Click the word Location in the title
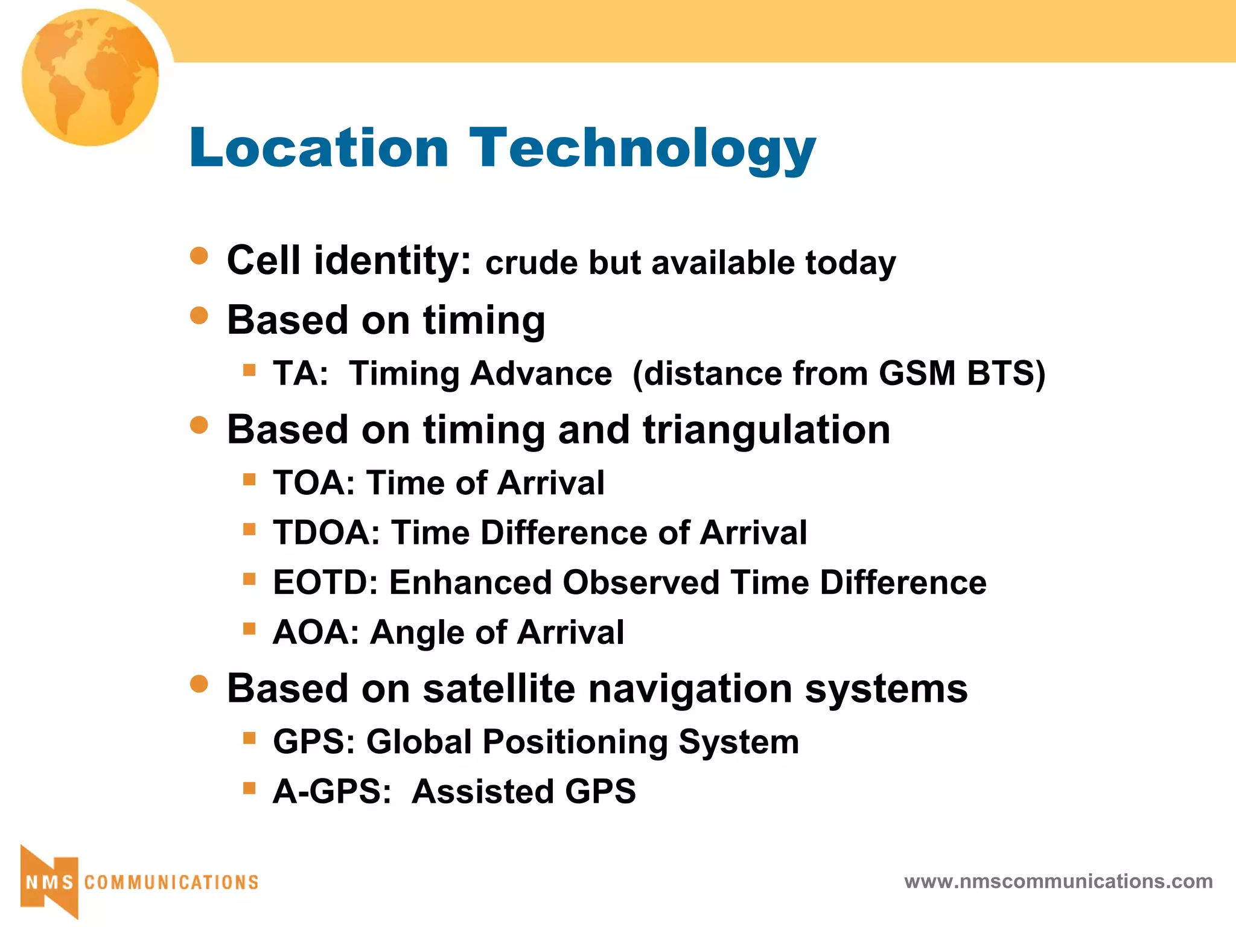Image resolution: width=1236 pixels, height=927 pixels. point(319,148)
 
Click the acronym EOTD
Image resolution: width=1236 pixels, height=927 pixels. point(325,583)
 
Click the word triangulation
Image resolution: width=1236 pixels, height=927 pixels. point(766,430)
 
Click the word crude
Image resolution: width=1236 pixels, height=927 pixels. point(531,264)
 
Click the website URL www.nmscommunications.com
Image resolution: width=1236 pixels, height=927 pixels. point(1058,882)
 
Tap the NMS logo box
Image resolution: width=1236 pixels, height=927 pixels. point(49,882)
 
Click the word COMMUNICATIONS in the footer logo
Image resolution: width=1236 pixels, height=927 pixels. point(171,882)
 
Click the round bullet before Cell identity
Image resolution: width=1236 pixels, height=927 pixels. point(199,256)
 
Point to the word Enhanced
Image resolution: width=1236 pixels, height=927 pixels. point(470,583)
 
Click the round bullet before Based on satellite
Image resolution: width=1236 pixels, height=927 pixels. point(199,684)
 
